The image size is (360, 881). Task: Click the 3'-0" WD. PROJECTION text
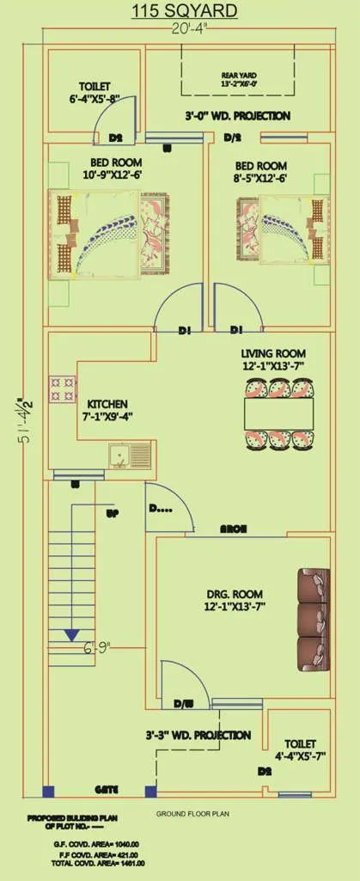tap(237, 115)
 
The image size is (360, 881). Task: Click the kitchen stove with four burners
tap(62, 388)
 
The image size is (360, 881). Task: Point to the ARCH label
tap(234, 529)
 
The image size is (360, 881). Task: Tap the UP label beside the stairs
tap(112, 514)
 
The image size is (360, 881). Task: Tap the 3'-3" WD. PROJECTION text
tap(198, 736)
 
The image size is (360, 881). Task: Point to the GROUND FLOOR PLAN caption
tap(192, 813)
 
